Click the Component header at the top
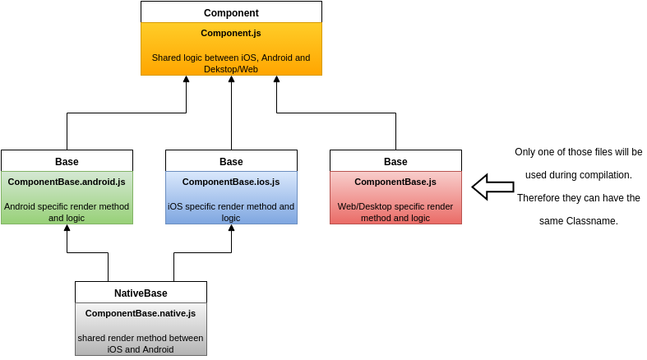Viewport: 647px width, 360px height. click(231, 13)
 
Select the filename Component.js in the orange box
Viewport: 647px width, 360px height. click(231, 34)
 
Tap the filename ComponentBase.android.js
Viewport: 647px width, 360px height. click(67, 182)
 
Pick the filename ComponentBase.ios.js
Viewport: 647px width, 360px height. click(231, 182)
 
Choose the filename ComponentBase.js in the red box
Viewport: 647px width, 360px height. click(395, 182)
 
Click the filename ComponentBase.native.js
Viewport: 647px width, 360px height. click(141, 313)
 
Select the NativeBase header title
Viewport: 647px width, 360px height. click(141, 293)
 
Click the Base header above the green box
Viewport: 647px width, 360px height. click(67, 162)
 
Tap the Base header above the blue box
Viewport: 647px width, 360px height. click(231, 162)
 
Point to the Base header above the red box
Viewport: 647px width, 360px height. click(395, 162)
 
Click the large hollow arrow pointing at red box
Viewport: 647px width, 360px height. click(492, 187)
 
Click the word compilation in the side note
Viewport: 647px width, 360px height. click(603, 175)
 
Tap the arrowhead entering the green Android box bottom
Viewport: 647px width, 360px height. click(67, 228)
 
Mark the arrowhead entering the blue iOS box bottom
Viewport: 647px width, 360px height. click(231, 228)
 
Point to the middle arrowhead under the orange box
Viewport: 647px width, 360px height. click(231, 80)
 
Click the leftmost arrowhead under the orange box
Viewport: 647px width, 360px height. click(186, 80)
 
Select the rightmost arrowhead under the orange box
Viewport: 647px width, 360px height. click(276, 80)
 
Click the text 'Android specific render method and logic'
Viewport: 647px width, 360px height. click(67, 212)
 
